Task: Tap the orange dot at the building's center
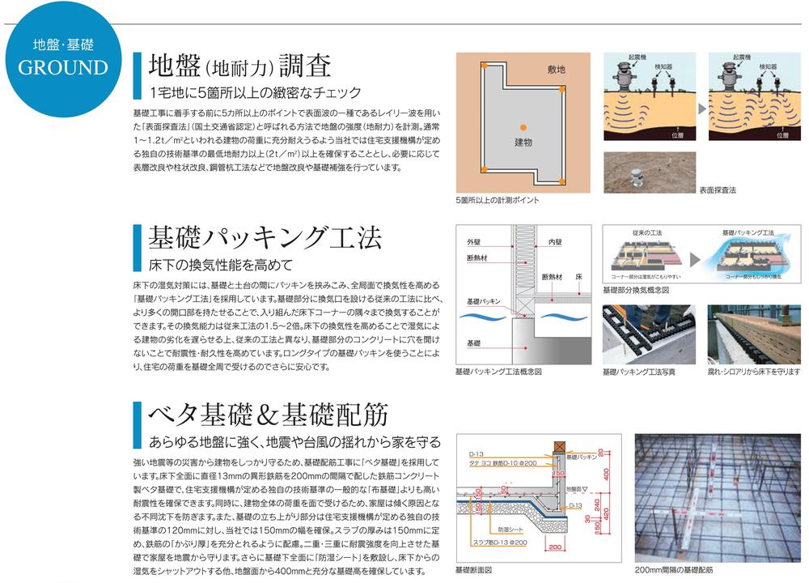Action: coord(523,125)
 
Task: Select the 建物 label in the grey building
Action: coord(523,142)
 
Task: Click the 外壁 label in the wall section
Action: coord(473,242)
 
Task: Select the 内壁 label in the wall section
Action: coord(555,242)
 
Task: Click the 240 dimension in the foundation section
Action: coord(598,503)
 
